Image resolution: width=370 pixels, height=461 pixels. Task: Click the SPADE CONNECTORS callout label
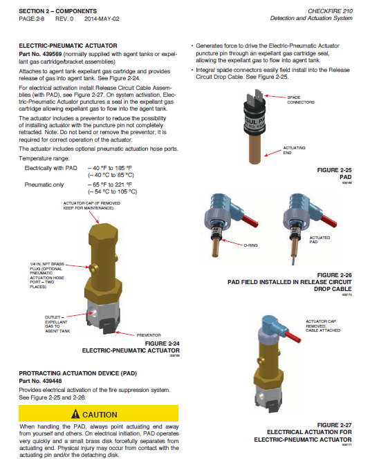(x=301, y=100)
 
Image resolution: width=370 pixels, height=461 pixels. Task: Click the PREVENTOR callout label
(x=149, y=335)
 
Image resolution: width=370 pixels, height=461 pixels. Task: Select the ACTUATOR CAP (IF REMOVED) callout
(x=91, y=205)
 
